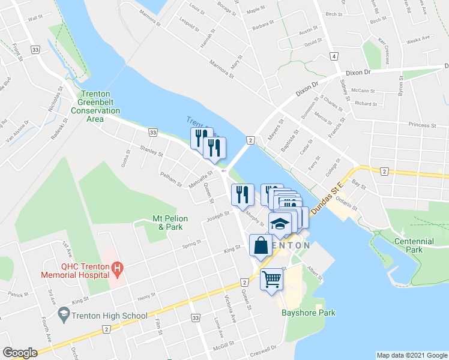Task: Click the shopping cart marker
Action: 271,279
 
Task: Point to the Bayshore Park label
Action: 309,313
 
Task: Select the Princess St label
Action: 421,125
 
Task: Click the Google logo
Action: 20,353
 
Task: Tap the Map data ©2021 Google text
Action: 411,355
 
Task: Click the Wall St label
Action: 36,19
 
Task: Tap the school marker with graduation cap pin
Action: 280,224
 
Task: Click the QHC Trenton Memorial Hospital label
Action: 75,271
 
